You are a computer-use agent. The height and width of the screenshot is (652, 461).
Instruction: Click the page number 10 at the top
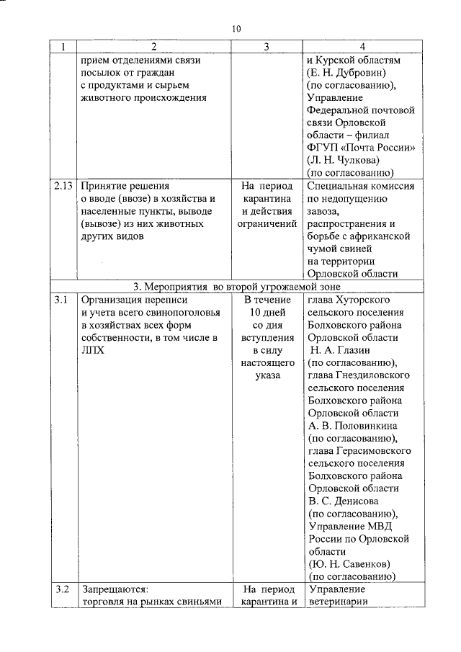[x=236, y=29]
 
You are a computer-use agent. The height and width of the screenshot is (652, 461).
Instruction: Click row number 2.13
[x=63, y=185]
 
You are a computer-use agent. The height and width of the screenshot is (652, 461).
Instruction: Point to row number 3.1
[x=62, y=299]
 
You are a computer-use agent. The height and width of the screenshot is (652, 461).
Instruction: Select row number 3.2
[x=62, y=589]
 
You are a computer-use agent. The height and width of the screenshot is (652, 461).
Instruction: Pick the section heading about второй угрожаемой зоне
[x=237, y=286]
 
